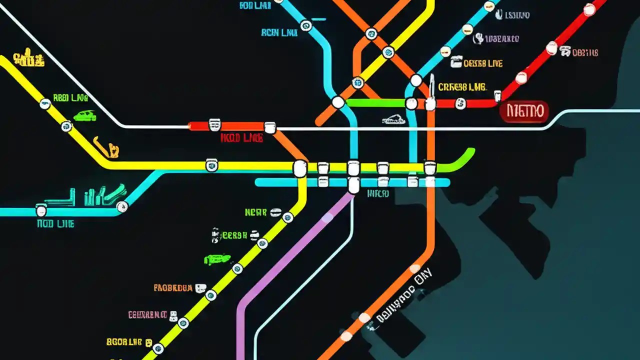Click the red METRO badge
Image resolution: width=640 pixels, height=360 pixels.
(524, 111)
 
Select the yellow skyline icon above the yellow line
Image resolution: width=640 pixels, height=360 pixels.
(29, 58)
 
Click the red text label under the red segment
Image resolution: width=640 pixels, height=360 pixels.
(241, 138)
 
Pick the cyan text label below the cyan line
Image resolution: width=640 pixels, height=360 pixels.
(55, 224)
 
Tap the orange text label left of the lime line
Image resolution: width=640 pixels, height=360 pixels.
(173, 288)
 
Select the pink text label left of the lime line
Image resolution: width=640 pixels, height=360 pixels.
(147, 315)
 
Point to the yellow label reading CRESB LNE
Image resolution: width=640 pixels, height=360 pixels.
(462, 87)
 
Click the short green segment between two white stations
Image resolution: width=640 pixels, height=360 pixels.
(375, 103)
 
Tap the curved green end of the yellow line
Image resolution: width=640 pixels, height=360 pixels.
(462, 158)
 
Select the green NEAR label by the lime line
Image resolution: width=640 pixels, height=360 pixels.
(256, 212)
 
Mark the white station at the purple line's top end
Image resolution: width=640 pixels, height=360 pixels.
(353, 186)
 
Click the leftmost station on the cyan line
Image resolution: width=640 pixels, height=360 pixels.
(41, 211)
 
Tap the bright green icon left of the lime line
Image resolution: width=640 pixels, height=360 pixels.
(217, 259)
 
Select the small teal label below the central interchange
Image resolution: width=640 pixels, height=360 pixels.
(378, 193)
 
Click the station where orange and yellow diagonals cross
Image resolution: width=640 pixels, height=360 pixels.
(388, 52)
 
